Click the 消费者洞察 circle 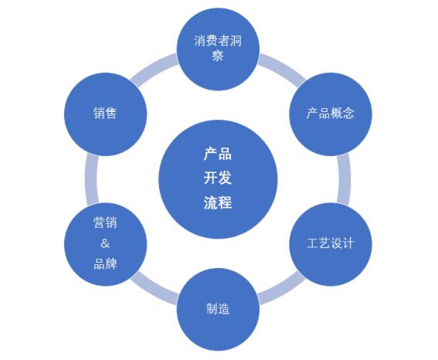[x=218, y=49]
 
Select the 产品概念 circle [x=331, y=114]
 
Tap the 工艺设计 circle [x=331, y=244]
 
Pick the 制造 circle [x=218, y=309]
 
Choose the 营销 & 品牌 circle [x=106, y=244]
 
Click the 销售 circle [x=106, y=114]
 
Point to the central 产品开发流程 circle [x=218, y=179]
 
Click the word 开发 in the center [x=218, y=178]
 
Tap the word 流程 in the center [x=218, y=202]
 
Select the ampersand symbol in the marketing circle [x=105, y=243]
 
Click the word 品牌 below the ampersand [x=105, y=263]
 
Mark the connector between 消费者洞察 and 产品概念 [x=281, y=68]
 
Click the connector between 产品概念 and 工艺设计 [x=344, y=179]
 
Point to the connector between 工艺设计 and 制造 [x=281, y=290]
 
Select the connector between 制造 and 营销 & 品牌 [x=154, y=290]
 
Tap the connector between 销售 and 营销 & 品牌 [x=92, y=179]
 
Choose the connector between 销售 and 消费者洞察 [x=154, y=68]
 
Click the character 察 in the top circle [x=218, y=56]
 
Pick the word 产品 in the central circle [x=218, y=154]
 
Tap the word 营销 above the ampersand [x=105, y=222]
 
